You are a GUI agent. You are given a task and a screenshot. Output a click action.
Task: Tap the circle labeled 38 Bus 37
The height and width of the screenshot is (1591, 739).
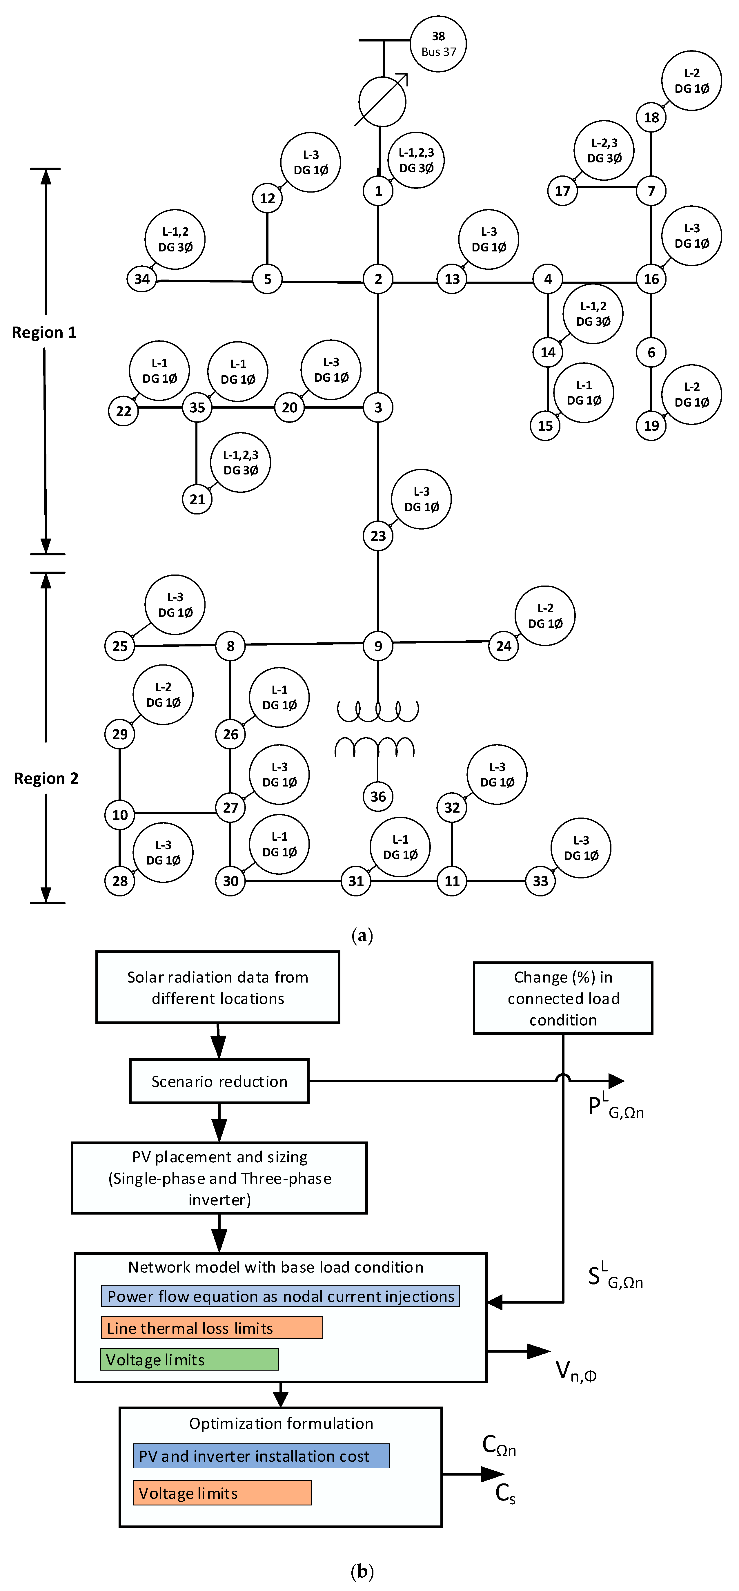click(438, 44)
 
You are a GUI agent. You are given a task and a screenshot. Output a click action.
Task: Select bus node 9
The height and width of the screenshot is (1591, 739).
click(378, 646)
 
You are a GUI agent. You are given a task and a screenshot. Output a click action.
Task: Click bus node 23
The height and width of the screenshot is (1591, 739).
click(378, 535)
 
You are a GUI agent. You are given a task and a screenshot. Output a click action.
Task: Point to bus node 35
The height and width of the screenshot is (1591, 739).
click(197, 408)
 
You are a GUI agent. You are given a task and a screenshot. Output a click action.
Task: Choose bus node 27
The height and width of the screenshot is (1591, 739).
click(230, 807)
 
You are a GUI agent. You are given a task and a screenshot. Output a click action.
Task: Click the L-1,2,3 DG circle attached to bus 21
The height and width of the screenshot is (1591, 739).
click(241, 462)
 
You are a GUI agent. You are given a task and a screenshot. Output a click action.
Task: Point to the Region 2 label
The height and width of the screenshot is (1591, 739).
click(46, 778)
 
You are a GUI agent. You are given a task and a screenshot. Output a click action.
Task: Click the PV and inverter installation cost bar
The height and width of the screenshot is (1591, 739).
click(261, 1456)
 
